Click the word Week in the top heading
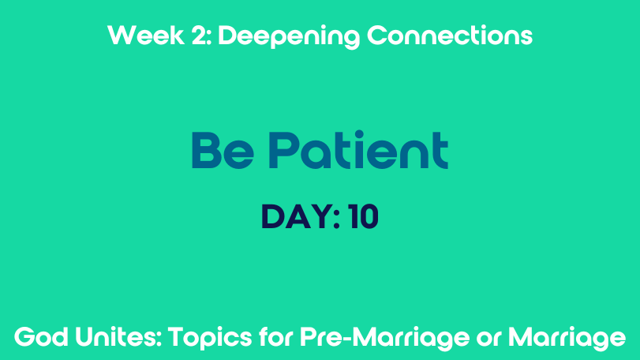point(146,35)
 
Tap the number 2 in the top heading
point(199,35)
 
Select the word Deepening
point(289,37)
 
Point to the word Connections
point(450,35)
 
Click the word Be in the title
point(223,150)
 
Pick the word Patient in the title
point(358,149)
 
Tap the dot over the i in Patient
point(359,135)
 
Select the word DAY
point(297,217)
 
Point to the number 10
point(363,217)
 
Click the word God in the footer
point(41,337)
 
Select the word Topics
point(210,339)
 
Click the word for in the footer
point(276,337)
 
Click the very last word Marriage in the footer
point(567,339)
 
